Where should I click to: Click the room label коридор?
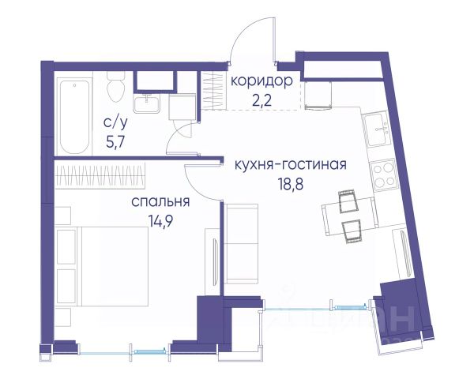[261, 81]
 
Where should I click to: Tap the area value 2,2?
[262, 100]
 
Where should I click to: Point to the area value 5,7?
[115, 141]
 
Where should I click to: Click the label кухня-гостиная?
[291, 165]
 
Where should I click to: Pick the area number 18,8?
[291, 184]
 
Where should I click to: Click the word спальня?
[160, 201]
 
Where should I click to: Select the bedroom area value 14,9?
[160, 220]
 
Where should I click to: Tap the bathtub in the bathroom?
[74, 116]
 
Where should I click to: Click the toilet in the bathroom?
[115, 86]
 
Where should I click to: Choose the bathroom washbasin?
[147, 103]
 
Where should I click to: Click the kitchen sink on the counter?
[377, 129]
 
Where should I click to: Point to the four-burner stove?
[384, 175]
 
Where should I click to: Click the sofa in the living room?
[241, 244]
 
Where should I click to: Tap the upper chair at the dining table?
[348, 201]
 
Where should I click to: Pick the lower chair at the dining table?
[352, 231]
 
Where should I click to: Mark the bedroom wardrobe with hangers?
[100, 175]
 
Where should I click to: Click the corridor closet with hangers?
[214, 91]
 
